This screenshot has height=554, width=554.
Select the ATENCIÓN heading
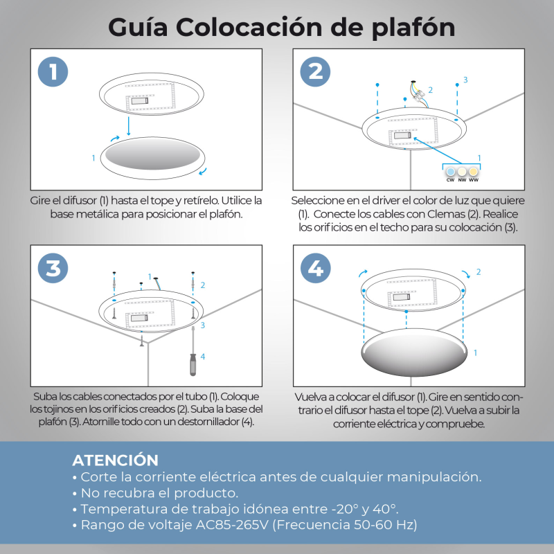click(x=115, y=461)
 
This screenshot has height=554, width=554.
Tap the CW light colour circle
click(x=449, y=170)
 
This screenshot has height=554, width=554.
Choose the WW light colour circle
click(x=474, y=170)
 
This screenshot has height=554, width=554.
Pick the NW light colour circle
click(x=462, y=170)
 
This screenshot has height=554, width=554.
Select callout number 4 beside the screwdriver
click(x=203, y=357)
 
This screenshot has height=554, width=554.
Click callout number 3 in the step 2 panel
click(x=465, y=80)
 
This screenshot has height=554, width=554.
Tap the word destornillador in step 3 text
click(x=205, y=422)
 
